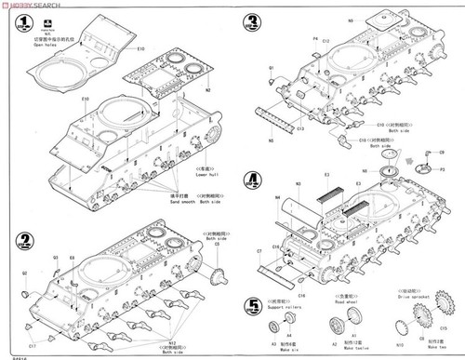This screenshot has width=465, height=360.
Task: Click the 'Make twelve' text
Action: [354, 353]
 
